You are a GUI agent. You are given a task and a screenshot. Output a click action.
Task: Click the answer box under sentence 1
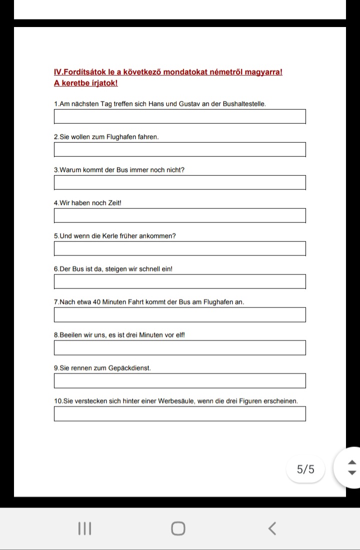click(179, 117)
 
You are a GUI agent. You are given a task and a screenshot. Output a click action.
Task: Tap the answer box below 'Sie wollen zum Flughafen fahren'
click(179, 150)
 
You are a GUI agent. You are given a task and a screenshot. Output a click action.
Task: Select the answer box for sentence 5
click(179, 249)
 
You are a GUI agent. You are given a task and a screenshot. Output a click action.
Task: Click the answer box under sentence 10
click(179, 414)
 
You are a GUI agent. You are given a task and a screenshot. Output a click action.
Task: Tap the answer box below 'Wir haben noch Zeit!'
click(179, 216)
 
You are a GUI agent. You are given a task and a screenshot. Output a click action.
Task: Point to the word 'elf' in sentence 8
click(179, 335)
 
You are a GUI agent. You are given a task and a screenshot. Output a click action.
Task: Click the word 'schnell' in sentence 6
click(148, 269)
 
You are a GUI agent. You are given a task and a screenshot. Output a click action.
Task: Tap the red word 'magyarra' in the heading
click(263, 72)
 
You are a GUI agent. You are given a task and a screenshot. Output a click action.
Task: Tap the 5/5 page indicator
click(305, 469)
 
